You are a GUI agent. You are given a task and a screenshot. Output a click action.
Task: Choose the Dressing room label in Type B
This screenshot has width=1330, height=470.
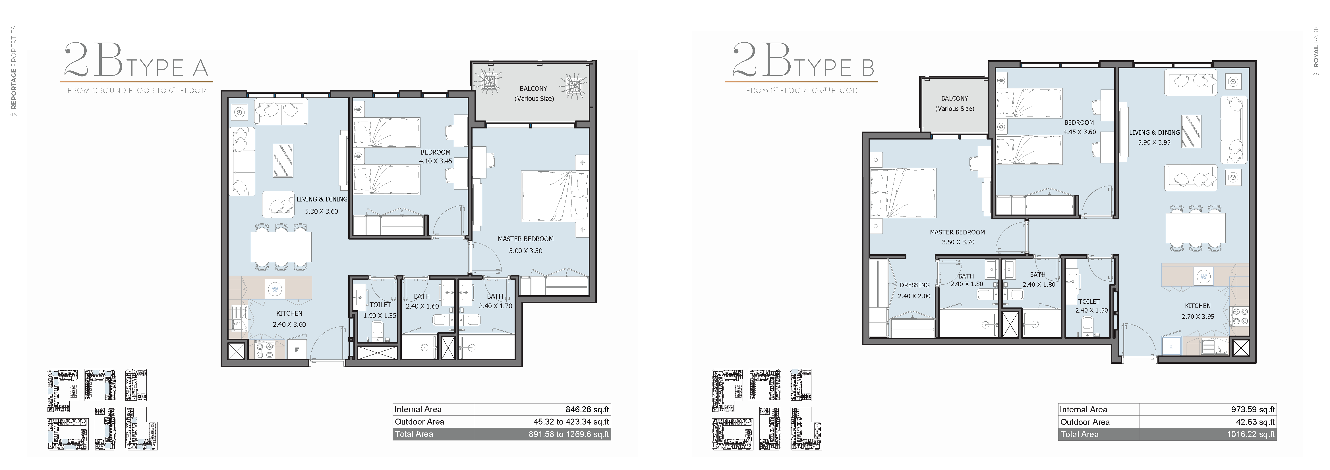[914, 285]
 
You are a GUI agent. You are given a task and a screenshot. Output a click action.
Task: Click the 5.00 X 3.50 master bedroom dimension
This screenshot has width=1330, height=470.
[526, 251]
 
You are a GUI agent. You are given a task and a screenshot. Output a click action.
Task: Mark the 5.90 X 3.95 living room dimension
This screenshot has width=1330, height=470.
[1154, 142]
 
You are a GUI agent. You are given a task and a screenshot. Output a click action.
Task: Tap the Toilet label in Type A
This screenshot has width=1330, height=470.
[380, 305]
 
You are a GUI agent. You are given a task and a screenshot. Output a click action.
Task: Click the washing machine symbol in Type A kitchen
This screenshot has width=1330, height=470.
[275, 288]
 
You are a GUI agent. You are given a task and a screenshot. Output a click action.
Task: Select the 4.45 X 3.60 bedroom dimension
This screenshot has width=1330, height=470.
[1079, 132]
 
